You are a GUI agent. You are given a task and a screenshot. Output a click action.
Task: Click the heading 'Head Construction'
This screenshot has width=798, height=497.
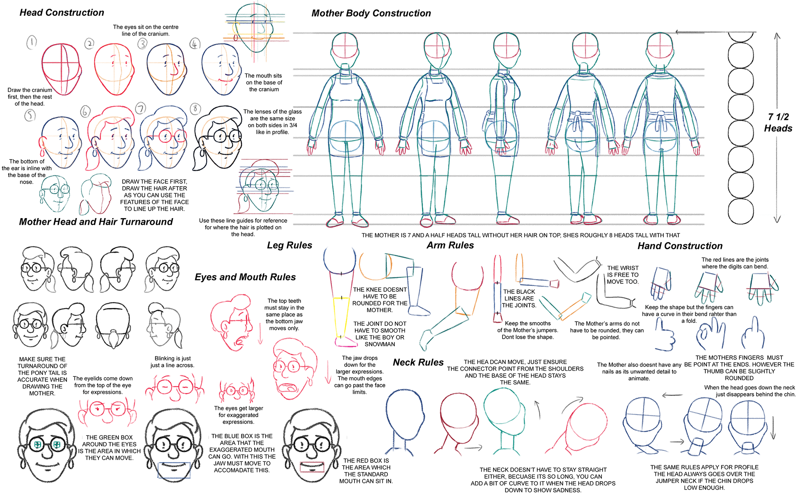pyautogui.click(x=62, y=12)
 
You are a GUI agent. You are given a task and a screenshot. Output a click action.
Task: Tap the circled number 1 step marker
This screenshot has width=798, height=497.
pyautogui.click(x=32, y=42)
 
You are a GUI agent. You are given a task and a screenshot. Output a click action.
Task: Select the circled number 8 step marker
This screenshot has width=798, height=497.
pyautogui.click(x=195, y=109)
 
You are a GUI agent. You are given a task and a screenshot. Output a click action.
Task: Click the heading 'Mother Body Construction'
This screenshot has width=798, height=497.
pyautogui.click(x=371, y=13)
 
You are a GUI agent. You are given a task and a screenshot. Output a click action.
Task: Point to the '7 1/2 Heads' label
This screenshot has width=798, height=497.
pyautogui.click(x=778, y=123)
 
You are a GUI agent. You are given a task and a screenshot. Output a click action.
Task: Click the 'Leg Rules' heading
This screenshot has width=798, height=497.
pyautogui.click(x=289, y=245)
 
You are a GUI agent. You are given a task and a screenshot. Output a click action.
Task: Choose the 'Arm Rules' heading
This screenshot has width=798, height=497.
pyautogui.click(x=450, y=245)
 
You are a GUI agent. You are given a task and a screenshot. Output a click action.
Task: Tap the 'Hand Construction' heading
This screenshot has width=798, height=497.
pyautogui.click(x=680, y=246)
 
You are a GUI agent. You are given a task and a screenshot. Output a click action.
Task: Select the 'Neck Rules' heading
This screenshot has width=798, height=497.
pyautogui.click(x=418, y=362)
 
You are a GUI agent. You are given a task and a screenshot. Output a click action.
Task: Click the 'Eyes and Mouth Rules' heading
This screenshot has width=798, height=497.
pyautogui.click(x=245, y=277)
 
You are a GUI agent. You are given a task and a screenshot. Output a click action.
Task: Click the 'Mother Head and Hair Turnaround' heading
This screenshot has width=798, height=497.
pyautogui.click(x=96, y=222)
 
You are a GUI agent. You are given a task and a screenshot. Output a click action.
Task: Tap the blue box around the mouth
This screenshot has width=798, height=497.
pyautogui.click(x=174, y=470)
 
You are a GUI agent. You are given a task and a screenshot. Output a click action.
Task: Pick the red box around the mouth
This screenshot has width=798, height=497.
pyautogui.click(x=312, y=467)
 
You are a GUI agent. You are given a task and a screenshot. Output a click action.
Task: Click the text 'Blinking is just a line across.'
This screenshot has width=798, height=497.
pyautogui.click(x=172, y=362)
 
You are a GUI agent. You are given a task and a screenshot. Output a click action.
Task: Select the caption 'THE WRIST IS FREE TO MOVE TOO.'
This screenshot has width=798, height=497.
pyautogui.click(x=623, y=275)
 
